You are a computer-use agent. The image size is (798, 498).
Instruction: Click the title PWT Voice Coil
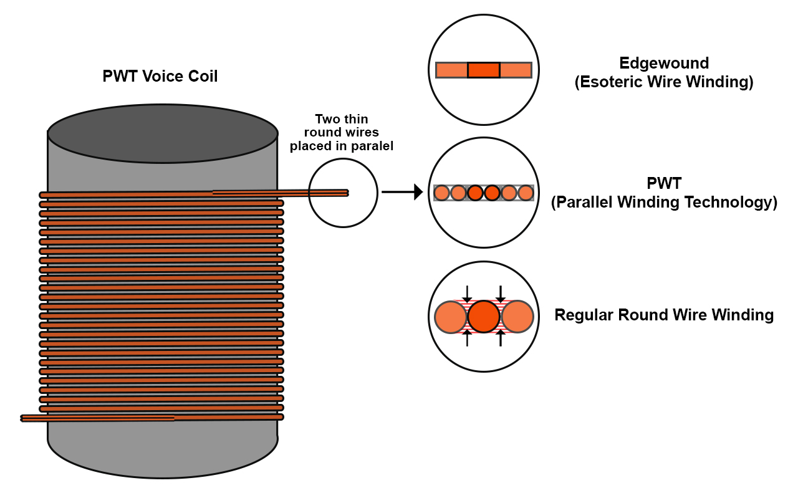(160, 76)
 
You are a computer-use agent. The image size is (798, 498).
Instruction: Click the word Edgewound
(664, 64)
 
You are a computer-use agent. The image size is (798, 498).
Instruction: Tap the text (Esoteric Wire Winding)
(664, 82)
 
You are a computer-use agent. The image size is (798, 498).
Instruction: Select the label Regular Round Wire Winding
(664, 315)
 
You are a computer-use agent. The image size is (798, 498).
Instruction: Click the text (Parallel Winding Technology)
(664, 203)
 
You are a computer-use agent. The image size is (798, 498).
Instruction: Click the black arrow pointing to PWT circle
(402, 192)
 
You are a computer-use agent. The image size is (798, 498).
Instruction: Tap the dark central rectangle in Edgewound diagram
(483, 70)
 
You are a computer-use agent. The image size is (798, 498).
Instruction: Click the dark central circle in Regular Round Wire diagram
(483, 317)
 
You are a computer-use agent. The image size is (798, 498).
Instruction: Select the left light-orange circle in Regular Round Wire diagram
(451, 317)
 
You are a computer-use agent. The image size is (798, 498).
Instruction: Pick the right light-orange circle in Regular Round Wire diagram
(517, 317)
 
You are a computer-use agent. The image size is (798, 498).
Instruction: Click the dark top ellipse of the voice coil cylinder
(163, 133)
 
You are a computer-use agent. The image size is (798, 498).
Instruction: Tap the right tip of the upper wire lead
(348, 193)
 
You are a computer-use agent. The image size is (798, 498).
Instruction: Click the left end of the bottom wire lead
(22, 418)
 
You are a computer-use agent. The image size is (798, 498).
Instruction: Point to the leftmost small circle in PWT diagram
(442, 193)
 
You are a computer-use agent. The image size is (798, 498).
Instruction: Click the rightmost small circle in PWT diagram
(526, 193)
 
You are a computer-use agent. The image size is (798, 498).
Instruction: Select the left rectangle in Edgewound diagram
(451, 70)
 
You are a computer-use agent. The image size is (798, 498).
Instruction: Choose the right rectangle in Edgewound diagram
(516, 70)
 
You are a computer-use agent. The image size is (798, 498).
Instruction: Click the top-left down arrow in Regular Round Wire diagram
(467, 294)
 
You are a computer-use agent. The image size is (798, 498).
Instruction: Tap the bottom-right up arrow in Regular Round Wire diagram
(501, 338)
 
